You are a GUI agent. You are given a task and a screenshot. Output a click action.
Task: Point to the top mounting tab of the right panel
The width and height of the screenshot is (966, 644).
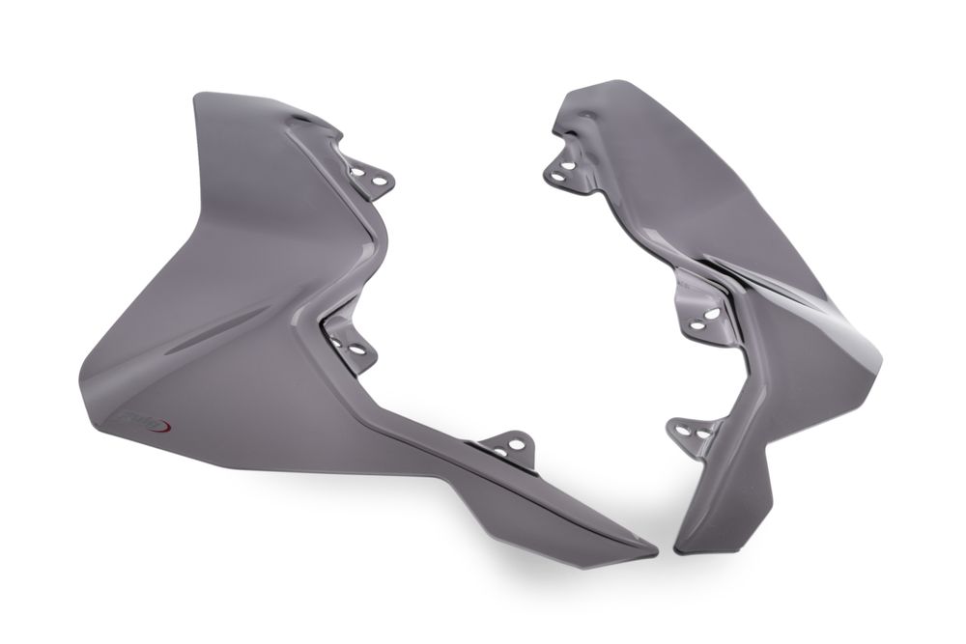(564, 169)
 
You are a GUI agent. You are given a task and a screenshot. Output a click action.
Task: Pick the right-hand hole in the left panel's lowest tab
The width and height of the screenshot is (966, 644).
(518, 445)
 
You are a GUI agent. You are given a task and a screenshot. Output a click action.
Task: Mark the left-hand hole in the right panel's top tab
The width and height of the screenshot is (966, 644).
(556, 175)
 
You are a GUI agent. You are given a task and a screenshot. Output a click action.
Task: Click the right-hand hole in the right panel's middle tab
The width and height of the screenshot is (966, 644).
(712, 315)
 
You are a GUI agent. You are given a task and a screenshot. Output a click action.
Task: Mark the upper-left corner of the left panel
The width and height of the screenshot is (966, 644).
(199, 98)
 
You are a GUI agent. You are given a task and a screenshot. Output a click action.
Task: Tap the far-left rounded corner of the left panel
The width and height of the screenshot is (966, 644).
(81, 376)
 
